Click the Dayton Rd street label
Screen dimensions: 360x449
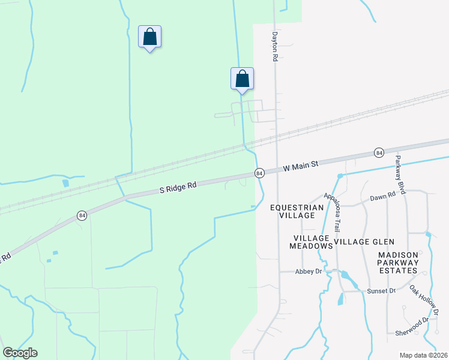coord(276,47)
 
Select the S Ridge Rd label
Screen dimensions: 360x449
coord(178,188)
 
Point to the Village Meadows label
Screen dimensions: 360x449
coord(310,242)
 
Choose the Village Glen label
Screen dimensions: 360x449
coord(364,242)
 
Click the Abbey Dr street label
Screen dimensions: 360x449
coord(309,271)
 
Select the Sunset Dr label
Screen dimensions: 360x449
coord(381,291)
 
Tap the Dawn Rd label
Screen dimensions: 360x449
coord(383,197)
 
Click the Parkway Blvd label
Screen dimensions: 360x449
coord(401,175)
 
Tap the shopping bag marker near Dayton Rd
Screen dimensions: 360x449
coord(243,79)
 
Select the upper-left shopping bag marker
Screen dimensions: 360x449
coord(149,37)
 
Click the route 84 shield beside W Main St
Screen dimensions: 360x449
coord(259,173)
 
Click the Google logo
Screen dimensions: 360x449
coord(20,353)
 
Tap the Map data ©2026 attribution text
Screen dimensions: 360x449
coord(423,355)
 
